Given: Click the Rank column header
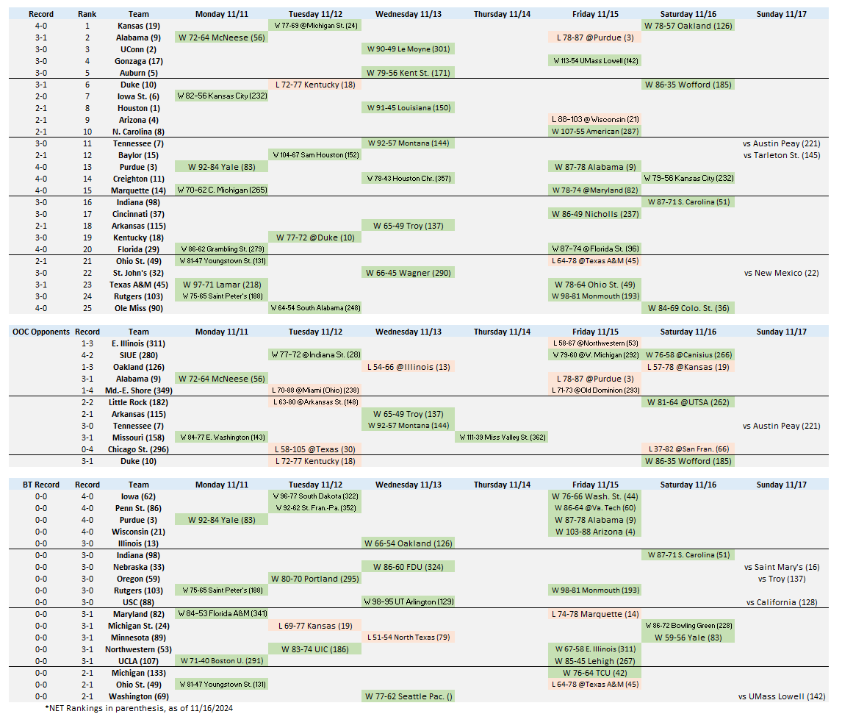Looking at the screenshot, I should coord(87,14).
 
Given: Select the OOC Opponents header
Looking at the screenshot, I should coord(41,332).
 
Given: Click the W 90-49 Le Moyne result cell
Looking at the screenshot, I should coord(408,49).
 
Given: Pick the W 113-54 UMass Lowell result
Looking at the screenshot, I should coord(594,61).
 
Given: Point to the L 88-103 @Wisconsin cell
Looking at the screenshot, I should coord(594,120).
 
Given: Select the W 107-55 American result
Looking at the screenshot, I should coord(594,132).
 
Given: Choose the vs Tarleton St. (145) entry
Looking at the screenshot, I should coord(782,155).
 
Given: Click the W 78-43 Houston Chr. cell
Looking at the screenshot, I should coord(408,179).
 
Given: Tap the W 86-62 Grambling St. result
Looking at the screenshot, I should coord(221,249).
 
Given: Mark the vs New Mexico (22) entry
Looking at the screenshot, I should coord(782,273).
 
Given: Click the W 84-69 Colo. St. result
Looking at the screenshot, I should coord(688,308).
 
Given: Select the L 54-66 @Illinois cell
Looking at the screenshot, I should coord(408,367).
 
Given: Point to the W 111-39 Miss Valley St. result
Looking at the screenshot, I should coord(501,438).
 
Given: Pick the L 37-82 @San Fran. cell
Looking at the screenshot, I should coord(688,449).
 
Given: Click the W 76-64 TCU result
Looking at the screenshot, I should coord(594,673).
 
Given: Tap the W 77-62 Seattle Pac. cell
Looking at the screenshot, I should coord(408,696).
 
